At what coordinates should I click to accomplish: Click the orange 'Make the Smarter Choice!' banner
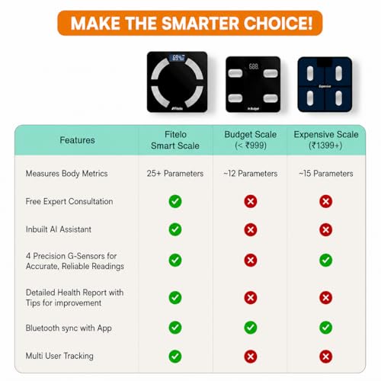(x=190, y=23)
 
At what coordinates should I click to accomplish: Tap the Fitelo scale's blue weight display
(x=178, y=58)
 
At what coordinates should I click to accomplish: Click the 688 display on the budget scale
(x=254, y=66)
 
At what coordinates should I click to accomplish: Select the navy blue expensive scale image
(x=325, y=85)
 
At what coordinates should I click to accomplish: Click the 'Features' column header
(x=77, y=140)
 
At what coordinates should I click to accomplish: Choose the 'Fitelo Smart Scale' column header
(x=175, y=140)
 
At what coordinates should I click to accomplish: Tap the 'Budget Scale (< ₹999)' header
(x=251, y=140)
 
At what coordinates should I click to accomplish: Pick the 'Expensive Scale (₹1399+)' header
(x=326, y=140)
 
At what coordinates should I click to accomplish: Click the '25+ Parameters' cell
(x=175, y=174)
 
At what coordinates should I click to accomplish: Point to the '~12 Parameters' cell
(x=251, y=174)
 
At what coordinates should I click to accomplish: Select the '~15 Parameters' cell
(x=326, y=174)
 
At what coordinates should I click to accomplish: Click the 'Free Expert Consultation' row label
(x=69, y=201)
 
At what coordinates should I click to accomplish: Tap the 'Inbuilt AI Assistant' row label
(x=59, y=229)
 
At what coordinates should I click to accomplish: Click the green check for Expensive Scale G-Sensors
(x=326, y=260)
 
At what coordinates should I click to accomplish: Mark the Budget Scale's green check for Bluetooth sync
(x=251, y=328)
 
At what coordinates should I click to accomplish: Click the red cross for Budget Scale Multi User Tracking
(x=251, y=357)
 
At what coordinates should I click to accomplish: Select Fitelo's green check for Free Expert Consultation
(x=175, y=201)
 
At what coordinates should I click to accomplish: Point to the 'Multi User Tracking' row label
(x=59, y=356)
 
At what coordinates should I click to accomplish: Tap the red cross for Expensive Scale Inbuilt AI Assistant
(x=326, y=229)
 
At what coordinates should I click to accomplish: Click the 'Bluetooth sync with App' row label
(x=69, y=328)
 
